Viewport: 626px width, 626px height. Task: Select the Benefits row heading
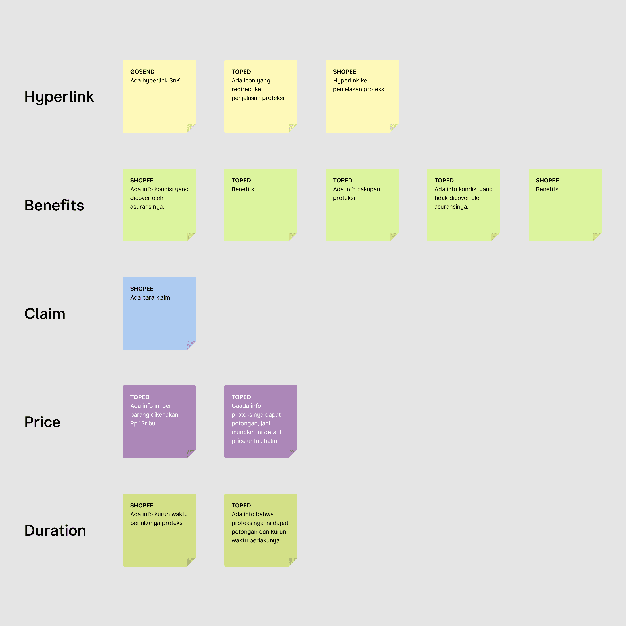tap(54, 205)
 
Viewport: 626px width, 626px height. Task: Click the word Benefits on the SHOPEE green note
tap(547, 189)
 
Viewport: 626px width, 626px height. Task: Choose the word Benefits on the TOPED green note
tap(243, 189)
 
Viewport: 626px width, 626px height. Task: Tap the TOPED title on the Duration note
tap(241, 505)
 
